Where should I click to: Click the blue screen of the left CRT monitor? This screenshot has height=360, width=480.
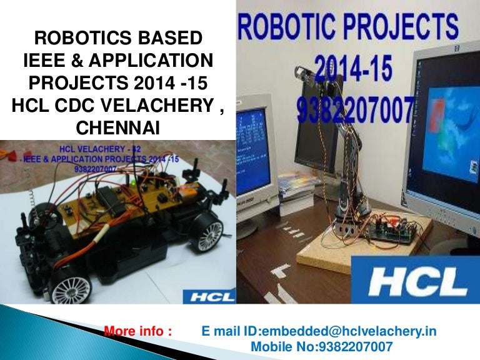point(252,134)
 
